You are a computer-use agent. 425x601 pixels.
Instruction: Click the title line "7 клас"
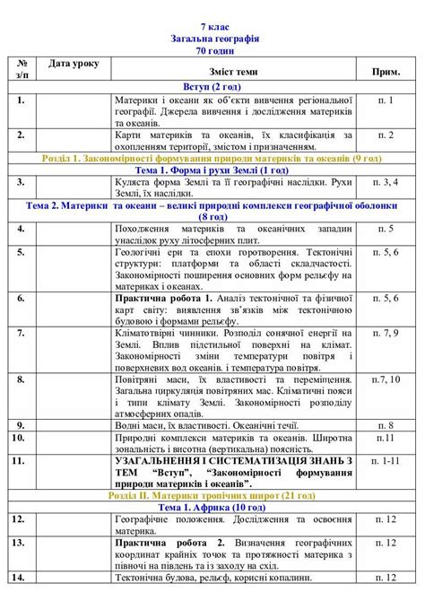coord(213,28)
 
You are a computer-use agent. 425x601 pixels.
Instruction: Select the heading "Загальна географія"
coord(213,39)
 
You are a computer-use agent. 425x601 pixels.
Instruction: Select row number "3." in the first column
coord(19,182)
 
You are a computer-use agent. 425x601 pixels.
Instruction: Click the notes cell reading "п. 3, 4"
coord(386,182)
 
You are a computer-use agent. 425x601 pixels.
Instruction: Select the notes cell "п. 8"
coord(386,425)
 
